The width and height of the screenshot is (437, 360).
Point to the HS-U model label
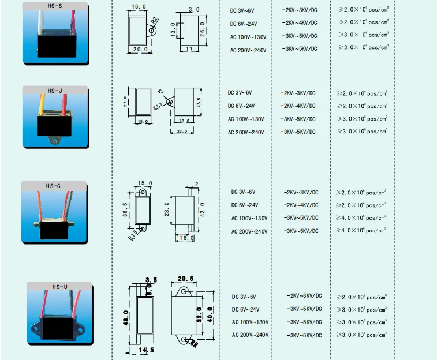click(60, 286)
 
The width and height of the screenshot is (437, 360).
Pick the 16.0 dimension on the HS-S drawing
click(139, 6)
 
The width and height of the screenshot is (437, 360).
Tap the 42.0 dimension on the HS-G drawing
click(201, 208)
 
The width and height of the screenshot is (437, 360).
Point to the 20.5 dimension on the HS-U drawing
click(185, 279)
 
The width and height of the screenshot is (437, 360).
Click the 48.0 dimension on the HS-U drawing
click(126, 318)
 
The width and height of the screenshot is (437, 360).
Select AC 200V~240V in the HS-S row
click(248, 50)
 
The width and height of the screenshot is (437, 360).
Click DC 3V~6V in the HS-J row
click(240, 92)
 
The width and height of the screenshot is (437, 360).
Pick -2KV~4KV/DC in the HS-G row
click(301, 205)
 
